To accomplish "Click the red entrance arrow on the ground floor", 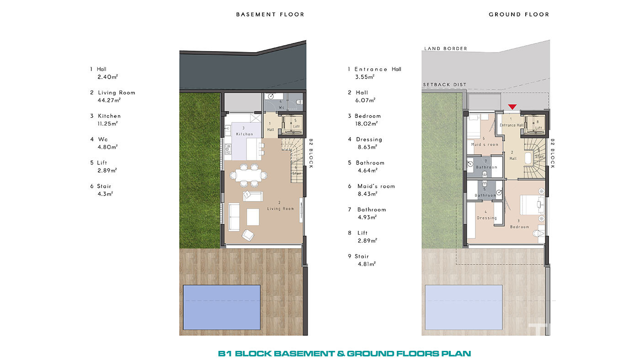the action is (512, 107).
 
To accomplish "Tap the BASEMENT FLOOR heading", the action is (270, 15).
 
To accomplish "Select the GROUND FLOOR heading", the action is (519, 15).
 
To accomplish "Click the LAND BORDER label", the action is (445, 48).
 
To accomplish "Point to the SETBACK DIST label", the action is (444, 85).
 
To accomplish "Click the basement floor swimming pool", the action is (222, 307).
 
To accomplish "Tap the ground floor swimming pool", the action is (464, 307).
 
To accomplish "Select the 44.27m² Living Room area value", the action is (109, 100).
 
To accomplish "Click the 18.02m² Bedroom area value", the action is (366, 124).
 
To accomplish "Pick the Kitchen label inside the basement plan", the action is (245, 134).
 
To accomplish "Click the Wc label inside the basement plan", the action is (282, 108).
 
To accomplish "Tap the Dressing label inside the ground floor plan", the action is (487, 218).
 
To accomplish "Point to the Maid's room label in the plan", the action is (485, 144).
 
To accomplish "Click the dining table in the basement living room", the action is (248, 175).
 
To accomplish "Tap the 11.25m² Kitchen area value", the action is (107, 124).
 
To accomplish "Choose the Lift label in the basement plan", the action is (296, 127).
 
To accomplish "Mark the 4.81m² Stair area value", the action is (367, 264).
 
